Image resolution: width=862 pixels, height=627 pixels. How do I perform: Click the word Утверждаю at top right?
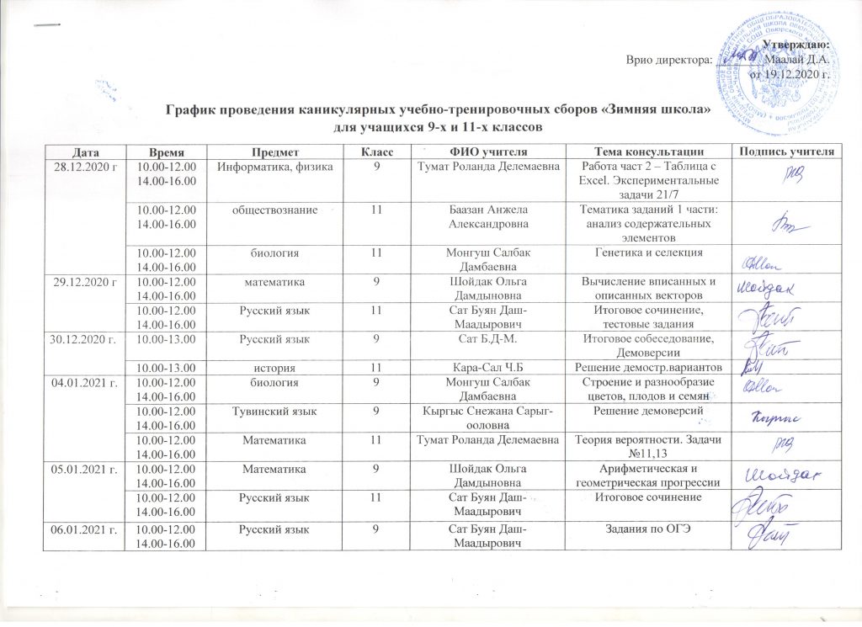coord(795,45)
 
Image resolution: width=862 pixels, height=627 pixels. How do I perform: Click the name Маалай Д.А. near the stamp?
coord(795,59)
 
